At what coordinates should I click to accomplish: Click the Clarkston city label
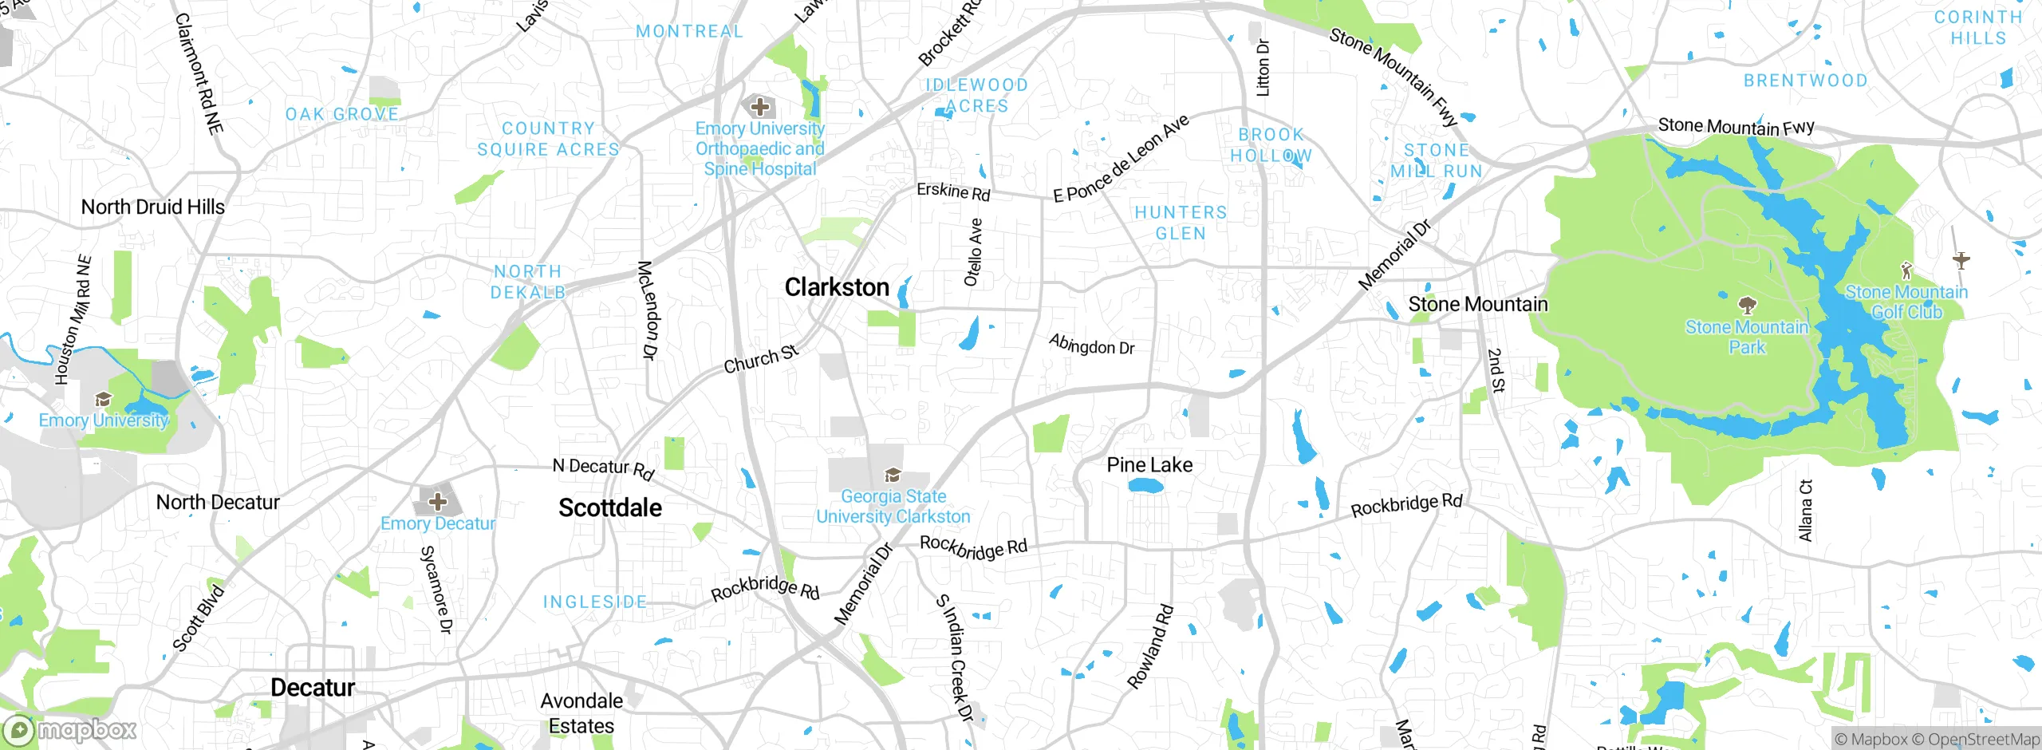pos(836,287)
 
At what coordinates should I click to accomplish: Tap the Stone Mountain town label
pos(1477,304)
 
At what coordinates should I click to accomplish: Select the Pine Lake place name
pos(1149,464)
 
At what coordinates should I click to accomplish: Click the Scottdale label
pos(610,507)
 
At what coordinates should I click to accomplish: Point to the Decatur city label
pos(313,688)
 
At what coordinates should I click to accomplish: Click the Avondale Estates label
pos(581,713)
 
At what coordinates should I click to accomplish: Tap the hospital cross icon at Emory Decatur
pos(437,502)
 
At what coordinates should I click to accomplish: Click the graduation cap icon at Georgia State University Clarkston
pos(893,476)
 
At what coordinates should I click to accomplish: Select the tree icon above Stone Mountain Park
pos(1747,305)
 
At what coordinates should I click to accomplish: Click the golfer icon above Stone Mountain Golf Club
pos(1906,270)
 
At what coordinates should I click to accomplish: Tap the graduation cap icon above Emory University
pos(103,400)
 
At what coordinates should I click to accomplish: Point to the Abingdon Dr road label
pos(1091,345)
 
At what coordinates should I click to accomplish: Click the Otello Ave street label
pos(973,253)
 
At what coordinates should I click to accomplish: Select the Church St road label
pos(760,359)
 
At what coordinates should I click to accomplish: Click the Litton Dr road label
pos(1263,68)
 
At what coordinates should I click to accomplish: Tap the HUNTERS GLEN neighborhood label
pos(1181,223)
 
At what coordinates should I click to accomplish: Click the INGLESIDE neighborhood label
pos(595,602)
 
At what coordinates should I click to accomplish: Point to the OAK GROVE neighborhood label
pos(342,114)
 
